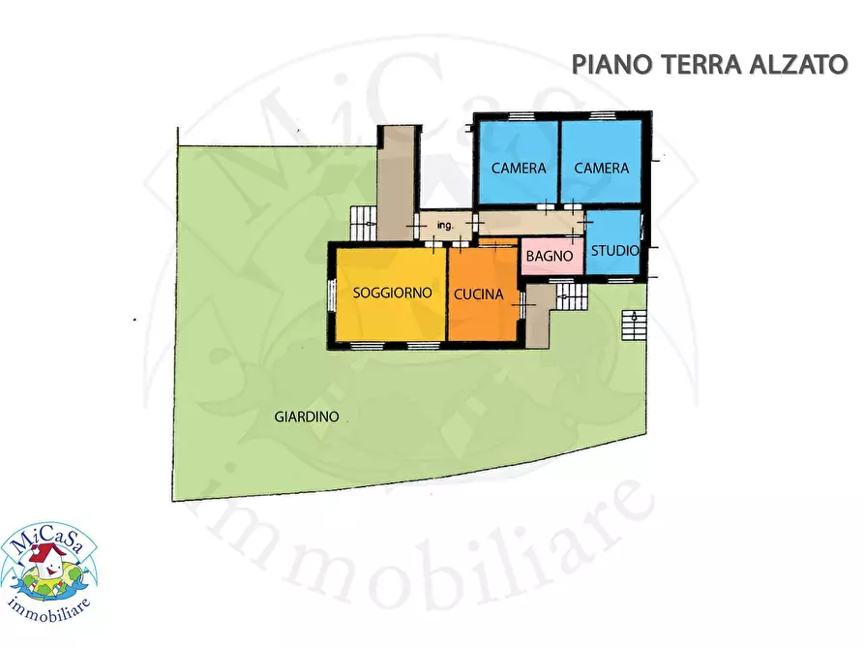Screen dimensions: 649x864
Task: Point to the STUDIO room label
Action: coord(615,251)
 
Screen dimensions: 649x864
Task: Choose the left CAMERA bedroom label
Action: coord(519,168)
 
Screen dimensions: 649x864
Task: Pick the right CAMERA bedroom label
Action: coord(601,168)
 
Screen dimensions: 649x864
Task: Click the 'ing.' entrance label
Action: coord(445,226)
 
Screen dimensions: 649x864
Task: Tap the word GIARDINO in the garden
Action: coord(306,417)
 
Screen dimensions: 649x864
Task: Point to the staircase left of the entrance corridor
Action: coord(363,224)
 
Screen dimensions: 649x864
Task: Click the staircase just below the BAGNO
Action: coord(571,294)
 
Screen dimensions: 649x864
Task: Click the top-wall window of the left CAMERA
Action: coord(521,116)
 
